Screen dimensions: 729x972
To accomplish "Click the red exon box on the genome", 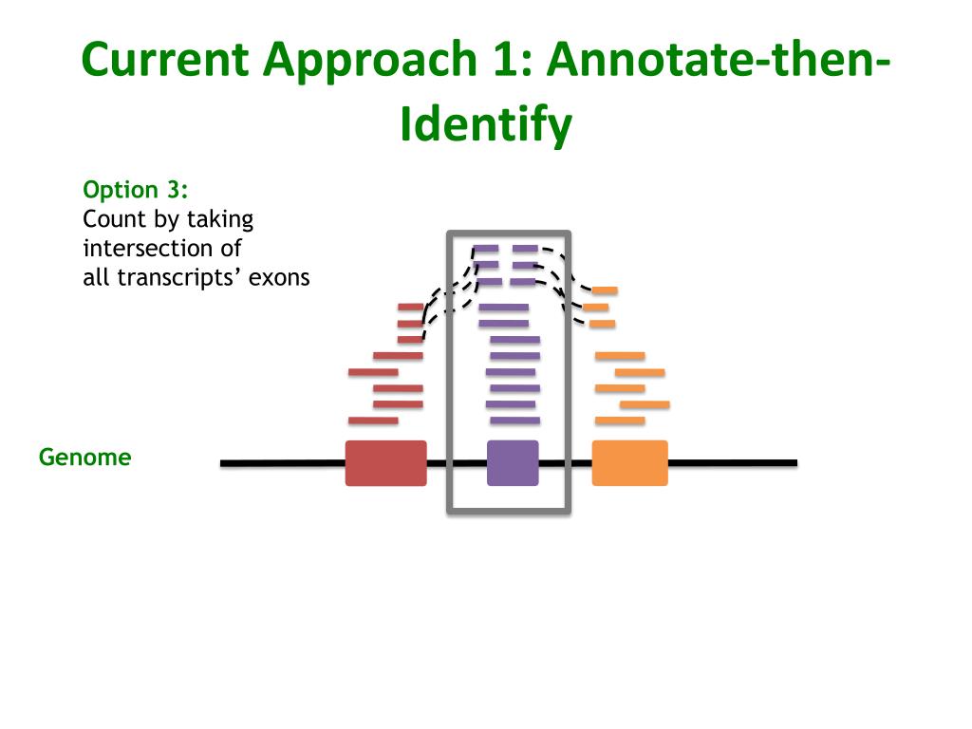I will coord(385,463).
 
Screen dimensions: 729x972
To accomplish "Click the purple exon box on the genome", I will coord(513,463).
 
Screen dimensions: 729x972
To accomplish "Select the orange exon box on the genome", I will coord(629,463).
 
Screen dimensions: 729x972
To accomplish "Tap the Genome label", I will coord(84,458).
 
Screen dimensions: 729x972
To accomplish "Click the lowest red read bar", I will coord(373,421).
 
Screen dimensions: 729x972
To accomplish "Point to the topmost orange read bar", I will coord(605,290).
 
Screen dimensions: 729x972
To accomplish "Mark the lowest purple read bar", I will coord(514,421).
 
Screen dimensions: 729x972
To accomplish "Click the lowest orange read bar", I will coord(620,421).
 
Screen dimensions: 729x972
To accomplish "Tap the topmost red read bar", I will coord(410,307).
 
